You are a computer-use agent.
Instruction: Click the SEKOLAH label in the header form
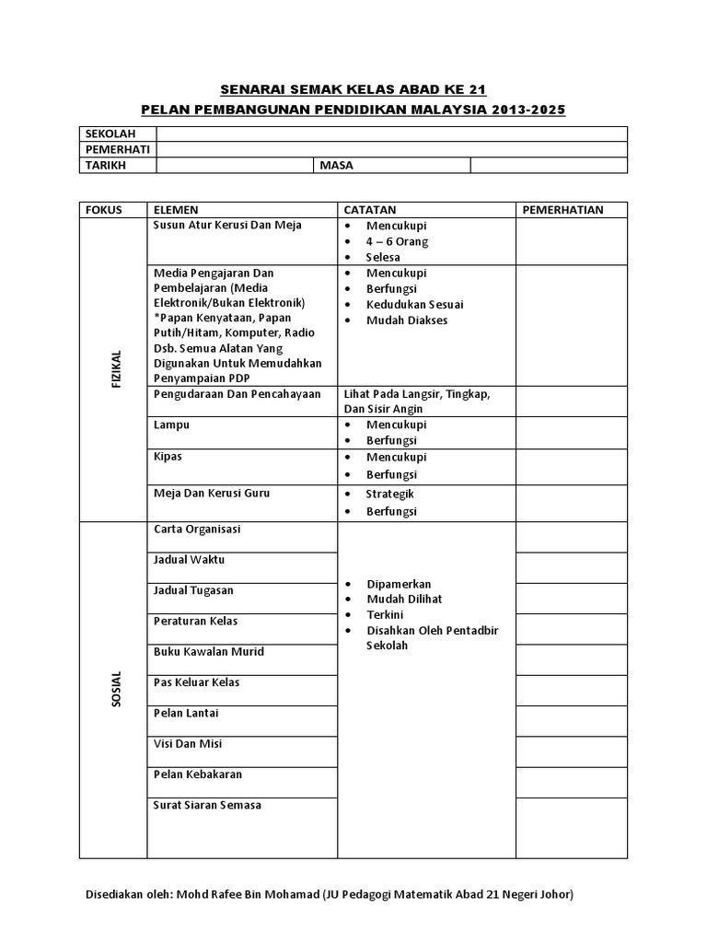[104, 134]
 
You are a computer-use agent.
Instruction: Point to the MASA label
[336, 166]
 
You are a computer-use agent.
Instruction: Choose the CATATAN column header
[369, 210]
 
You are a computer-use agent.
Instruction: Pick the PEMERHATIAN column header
[562, 210]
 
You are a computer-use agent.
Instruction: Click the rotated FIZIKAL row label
[117, 370]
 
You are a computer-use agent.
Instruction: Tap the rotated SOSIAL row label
[117, 692]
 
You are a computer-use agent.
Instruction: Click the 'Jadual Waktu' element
[189, 560]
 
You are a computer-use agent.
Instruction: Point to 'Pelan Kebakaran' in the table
[198, 774]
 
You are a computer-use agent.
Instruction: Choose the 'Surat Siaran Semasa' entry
[207, 805]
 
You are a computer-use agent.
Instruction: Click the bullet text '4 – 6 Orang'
[397, 241]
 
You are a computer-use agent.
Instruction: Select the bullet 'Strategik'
[390, 495]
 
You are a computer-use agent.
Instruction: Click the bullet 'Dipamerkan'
[398, 585]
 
